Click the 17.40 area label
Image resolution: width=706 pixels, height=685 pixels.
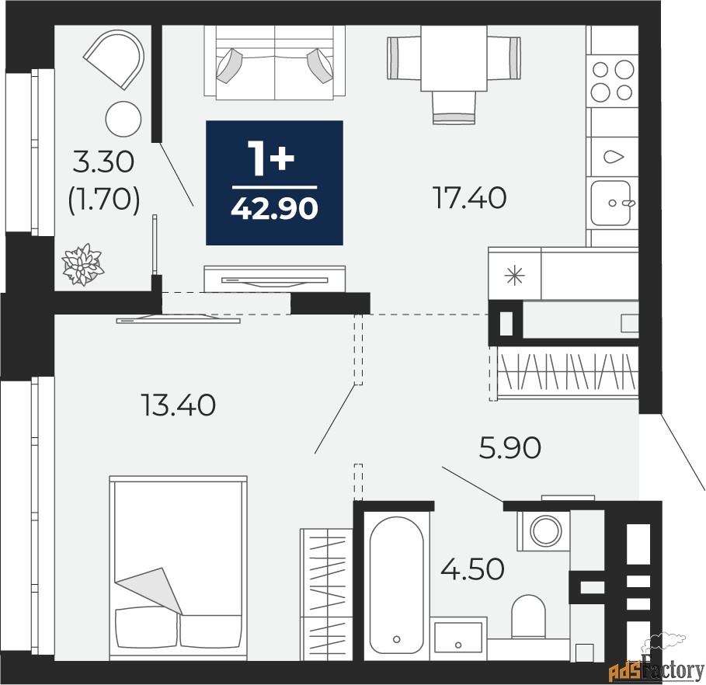[x=469, y=198]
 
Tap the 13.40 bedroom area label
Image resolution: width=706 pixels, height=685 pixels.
[x=179, y=405]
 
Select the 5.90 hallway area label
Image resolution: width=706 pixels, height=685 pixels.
[x=510, y=448]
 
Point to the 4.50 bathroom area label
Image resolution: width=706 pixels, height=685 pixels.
[x=472, y=569]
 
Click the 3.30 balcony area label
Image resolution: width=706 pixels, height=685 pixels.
[x=103, y=162]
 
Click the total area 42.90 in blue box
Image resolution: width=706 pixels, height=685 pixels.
[x=274, y=209]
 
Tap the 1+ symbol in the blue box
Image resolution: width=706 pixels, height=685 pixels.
[x=273, y=158]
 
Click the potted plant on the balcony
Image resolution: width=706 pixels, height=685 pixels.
[x=82, y=264]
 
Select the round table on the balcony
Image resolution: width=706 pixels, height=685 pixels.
[x=123, y=119]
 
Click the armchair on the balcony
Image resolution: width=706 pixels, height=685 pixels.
[x=115, y=58]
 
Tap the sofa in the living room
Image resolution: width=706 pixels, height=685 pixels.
[x=275, y=61]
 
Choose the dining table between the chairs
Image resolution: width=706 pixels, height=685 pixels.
[x=454, y=58]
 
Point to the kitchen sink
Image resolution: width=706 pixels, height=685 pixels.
[x=611, y=203]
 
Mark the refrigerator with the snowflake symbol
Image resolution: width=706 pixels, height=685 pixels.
[x=515, y=274]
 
